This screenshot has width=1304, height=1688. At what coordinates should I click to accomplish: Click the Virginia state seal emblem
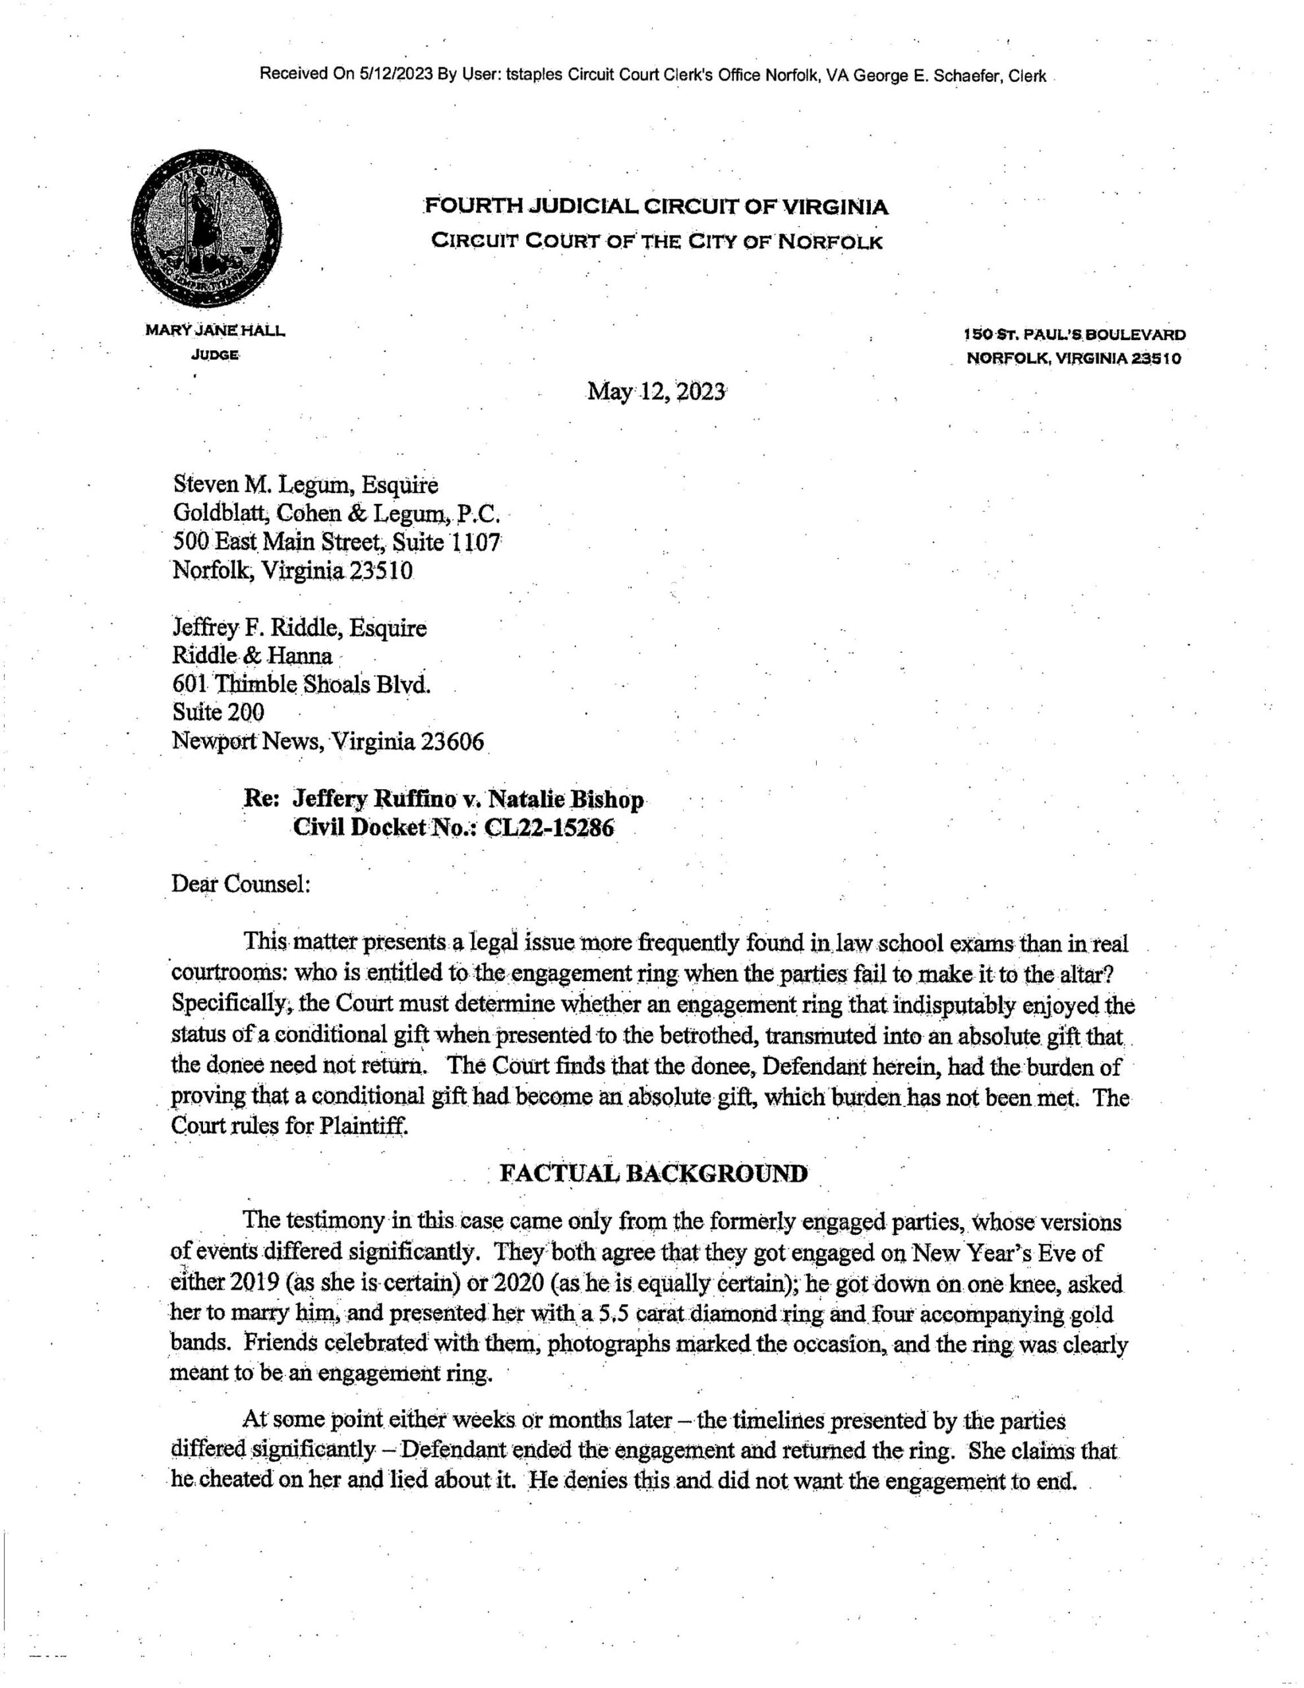pos(206,231)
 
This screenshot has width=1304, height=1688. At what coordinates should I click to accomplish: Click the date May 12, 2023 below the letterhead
pos(656,392)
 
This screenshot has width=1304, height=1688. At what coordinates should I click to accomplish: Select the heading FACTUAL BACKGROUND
pos(653,1173)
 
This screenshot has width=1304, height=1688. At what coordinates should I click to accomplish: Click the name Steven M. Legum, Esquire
pos(305,485)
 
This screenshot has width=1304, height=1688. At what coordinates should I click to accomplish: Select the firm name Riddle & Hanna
pos(252,656)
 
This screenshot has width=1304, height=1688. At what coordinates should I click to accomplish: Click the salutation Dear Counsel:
pos(241,883)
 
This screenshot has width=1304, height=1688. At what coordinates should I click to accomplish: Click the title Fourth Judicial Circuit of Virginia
pos(656,207)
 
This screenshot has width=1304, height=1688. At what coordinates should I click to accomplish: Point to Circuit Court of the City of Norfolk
pos(656,242)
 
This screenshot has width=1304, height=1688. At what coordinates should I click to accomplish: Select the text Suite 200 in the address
pos(218,713)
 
